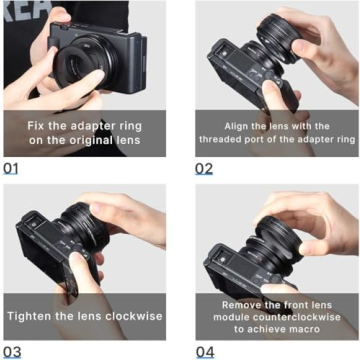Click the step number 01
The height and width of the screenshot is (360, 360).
click(11, 167)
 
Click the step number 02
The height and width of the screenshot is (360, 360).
click(204, 167)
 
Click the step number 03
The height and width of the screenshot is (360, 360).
click(11, 351)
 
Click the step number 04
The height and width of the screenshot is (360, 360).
click(204, 351)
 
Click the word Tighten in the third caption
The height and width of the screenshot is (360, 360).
click(35, 316)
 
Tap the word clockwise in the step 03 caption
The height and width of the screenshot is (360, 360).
click(124, 316)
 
